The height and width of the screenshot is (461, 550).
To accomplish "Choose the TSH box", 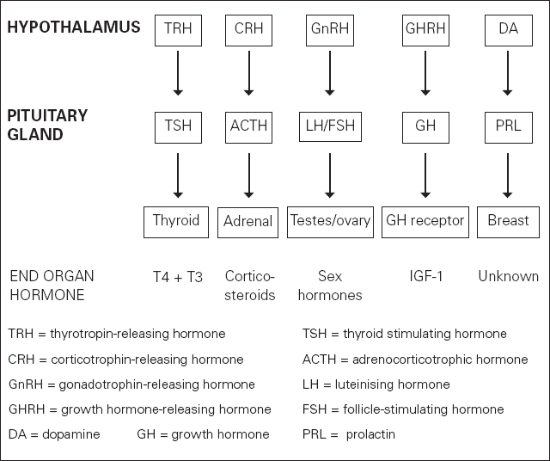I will (178, 126).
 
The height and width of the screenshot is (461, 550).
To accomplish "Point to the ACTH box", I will (248, 126).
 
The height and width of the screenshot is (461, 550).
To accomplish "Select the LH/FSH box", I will (330, 126).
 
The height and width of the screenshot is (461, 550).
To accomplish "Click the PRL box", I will (508, 126).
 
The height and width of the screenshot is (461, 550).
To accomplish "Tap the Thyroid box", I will (176, 221).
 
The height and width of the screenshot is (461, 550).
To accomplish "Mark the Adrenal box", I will (247, 222).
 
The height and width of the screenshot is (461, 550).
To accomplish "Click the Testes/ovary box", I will (330, 222).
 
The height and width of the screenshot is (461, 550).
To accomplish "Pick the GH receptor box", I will (425, 221).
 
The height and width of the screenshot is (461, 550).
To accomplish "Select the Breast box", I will (508, 221).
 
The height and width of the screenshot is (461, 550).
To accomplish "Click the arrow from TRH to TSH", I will (178, 76).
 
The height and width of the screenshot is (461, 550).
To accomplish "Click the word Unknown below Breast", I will (508, 277).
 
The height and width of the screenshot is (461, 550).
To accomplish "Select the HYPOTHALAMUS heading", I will (73, 28).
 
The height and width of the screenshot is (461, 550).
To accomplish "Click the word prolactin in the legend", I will (370, 434).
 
